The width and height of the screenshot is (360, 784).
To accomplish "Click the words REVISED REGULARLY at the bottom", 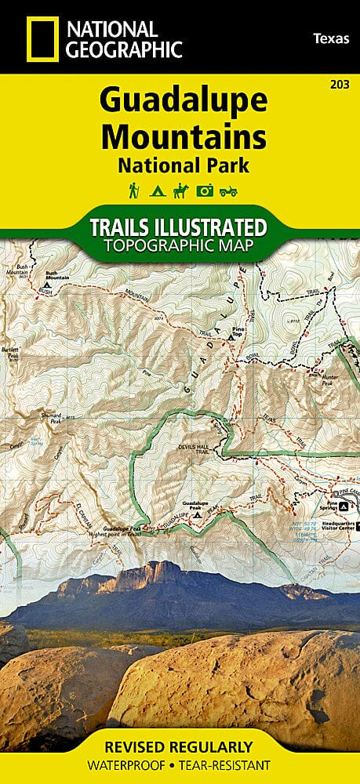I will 180,746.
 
